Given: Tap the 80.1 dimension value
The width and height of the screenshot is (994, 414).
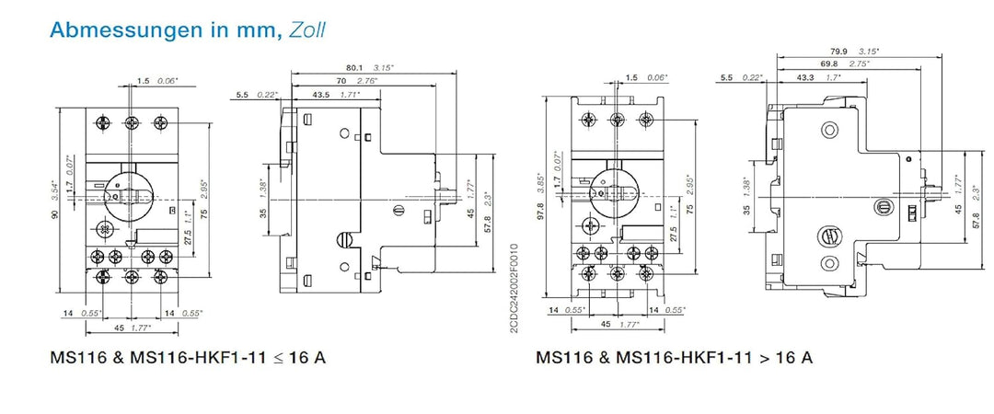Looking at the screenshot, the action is pyautogui.click(x=353, y=66).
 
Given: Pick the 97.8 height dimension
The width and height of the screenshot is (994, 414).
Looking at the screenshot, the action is pyautogui.click(x=540, y=212).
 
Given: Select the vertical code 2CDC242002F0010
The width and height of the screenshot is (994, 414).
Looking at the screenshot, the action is pyautogui.click(x=513, y=289).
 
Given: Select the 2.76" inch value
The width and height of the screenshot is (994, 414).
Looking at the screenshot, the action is pyautogui.click(x=366, y=81).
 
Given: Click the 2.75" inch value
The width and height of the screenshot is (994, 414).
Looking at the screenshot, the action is pyautogui.click(x=860, y=63).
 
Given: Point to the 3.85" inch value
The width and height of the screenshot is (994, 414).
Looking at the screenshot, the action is pyautogui.click(x=540, y=184).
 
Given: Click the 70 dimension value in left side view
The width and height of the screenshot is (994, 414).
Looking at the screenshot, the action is pyautogui.click(x=342, y=81).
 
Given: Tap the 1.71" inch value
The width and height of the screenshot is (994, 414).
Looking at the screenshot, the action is pyautogui.click(x=348, y=95).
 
